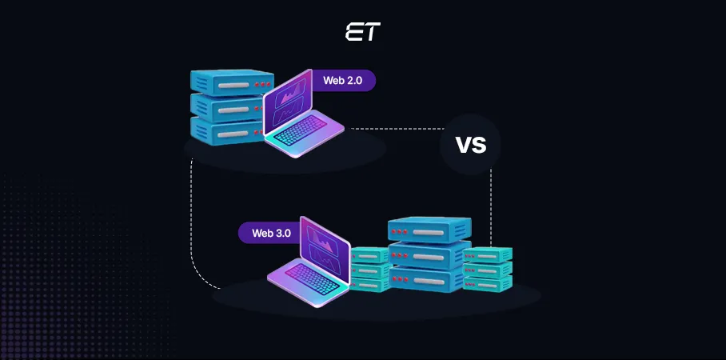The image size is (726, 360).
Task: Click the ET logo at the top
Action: pos(362,33)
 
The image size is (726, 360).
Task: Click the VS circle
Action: pos(470,145)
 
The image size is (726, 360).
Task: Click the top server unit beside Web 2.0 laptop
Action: pos(227,82)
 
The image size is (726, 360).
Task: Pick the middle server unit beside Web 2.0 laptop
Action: pos(227,106)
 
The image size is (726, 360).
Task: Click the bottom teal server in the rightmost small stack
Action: pos(488,283)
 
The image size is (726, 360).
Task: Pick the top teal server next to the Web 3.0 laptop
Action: pos(369,256)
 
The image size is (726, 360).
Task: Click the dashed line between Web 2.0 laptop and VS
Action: pos(397,128)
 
